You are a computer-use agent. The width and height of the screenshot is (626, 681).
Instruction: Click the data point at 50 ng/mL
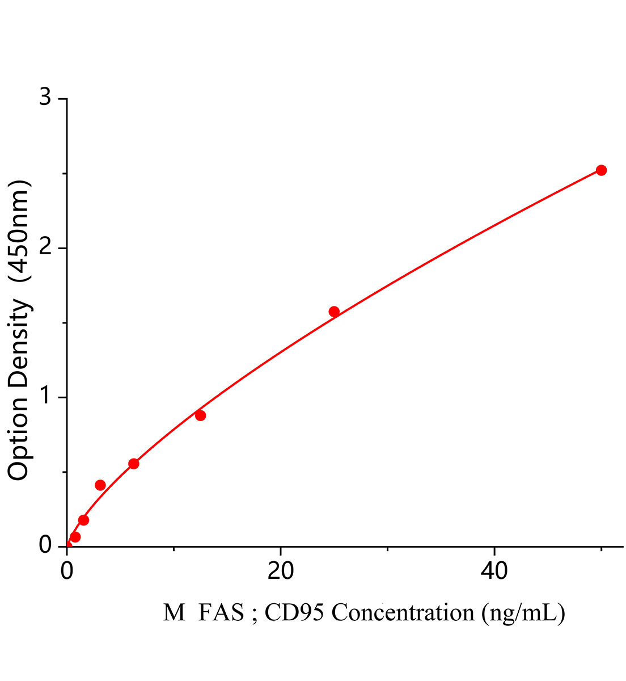point(601,170)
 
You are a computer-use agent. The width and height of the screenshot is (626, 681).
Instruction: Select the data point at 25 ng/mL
point(334,312)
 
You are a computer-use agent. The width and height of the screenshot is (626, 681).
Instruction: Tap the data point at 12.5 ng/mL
point(200,415)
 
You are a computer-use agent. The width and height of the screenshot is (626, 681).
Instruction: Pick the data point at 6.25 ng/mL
point(134,464)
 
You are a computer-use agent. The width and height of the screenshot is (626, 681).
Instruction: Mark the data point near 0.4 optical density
point(100,485)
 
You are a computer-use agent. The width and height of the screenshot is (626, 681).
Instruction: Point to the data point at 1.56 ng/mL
point(83,520)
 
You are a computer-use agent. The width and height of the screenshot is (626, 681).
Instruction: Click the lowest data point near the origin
point(75,537)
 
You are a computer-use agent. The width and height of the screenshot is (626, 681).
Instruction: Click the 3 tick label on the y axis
point(45,99)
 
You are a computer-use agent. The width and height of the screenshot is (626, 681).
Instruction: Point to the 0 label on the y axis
point(45,546)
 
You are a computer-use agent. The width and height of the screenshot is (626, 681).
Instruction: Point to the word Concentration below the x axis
point(403,613)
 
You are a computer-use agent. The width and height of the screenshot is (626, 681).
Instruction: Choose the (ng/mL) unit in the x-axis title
point(523,613)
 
